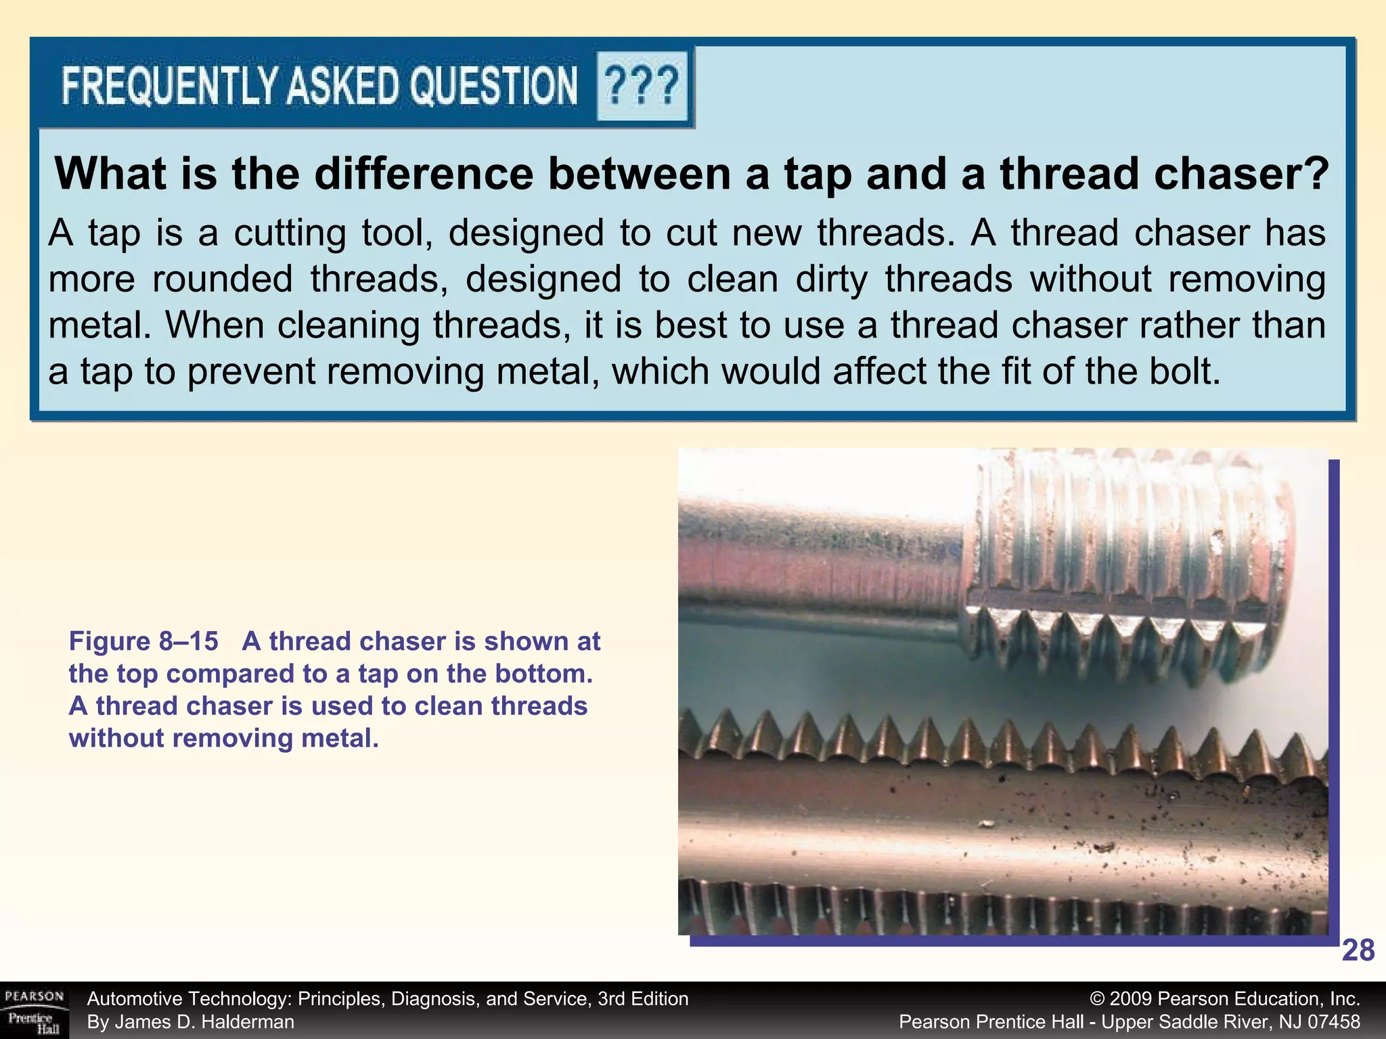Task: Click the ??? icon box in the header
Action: tap(641, 86)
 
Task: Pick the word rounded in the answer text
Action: tap(223, 279)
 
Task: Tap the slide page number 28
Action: tap(1358, 951)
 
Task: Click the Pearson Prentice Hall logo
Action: tap(34, 1011)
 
